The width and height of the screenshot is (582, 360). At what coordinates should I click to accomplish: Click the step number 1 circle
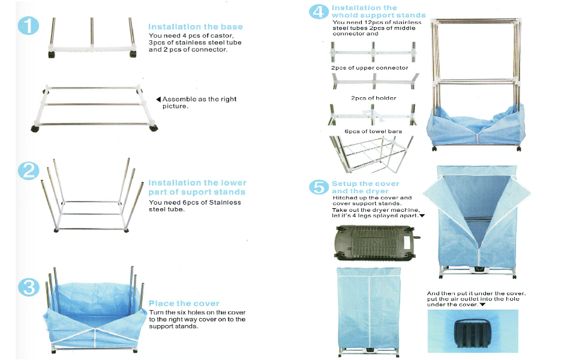[x=29, y=27]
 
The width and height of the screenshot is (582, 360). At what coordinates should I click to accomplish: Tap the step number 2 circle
[x=29, y=171]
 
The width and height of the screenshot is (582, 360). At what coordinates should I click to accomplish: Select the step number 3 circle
[x=29, y=287]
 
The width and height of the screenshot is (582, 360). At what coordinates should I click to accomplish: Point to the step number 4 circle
[x=320, y=11]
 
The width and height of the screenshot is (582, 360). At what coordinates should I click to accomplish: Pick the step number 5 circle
[x=320, y=187]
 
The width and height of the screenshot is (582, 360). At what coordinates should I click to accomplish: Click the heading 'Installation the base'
[x=196, y=27]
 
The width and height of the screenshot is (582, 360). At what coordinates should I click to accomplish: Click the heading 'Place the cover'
[x=184, y=304]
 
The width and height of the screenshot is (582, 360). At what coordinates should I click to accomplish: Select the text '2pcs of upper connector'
[x=370, y=68]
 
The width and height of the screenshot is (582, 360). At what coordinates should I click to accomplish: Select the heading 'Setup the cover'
[x=365, y=184]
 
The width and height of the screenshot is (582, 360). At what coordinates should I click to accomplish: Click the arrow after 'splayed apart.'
[x=422, y=215]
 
